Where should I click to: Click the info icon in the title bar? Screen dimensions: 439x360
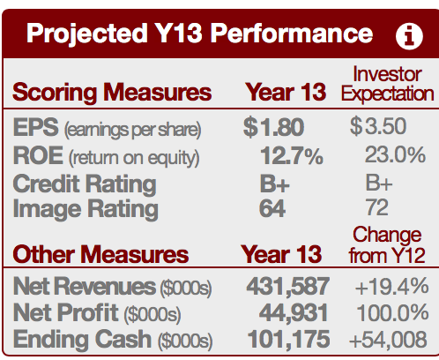[409, 36]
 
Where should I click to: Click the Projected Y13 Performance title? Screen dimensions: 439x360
[200, 34]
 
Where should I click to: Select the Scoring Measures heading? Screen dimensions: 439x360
[112, 92]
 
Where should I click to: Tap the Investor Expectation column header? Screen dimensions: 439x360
[387, 84]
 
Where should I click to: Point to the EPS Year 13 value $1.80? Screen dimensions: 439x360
[273, 127]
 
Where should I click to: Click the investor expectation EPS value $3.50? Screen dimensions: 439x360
[378, 126]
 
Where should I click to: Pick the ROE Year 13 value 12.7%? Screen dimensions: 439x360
[292, 155]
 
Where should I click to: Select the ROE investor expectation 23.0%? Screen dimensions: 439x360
[395, 154]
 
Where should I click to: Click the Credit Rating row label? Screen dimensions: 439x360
[85, 184]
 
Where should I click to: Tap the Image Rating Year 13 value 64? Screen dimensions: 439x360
[272, 208]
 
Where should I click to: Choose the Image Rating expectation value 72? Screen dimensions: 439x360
[376, 207]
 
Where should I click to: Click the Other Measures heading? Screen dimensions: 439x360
[100, 254]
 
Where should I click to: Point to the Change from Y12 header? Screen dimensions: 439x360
[387, 245]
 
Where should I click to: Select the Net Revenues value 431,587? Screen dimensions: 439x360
[288, 286]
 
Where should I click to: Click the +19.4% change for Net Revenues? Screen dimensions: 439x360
[391, 286]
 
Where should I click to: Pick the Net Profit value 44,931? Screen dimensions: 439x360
[294, 312]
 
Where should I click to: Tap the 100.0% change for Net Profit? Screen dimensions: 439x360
[392, 312]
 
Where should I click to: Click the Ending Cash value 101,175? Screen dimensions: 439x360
[288, 339]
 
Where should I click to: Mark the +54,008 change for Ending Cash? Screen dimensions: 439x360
[388, 340]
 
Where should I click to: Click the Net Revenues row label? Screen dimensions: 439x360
[112, 287]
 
